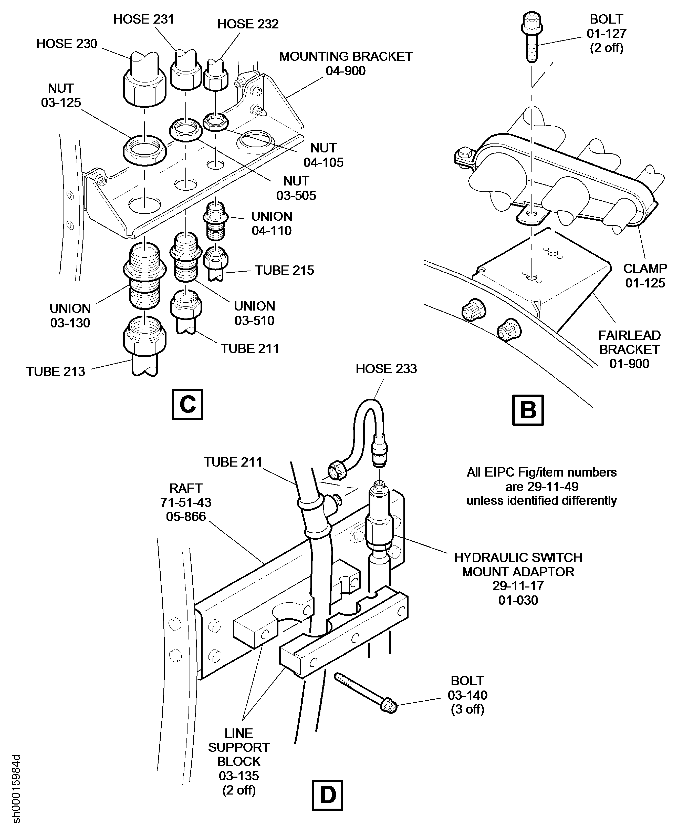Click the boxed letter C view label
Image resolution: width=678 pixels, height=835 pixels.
tap(187, 404)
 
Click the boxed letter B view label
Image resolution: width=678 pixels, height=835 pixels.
tap(528, 410)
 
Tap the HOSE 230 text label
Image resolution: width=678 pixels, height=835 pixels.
tap(66, 43)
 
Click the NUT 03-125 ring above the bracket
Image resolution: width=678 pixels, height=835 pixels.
tap(144, 149)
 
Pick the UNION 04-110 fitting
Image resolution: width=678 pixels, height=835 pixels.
tap(214, 221)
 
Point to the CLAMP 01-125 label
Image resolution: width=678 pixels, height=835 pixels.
tap(645, 275)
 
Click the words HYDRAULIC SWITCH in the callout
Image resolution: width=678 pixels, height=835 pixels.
tap(518, 557)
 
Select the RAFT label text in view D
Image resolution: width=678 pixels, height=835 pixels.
tap(185, 488)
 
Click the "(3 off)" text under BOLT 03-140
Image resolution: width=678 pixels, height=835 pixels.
tap(467, 709)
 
